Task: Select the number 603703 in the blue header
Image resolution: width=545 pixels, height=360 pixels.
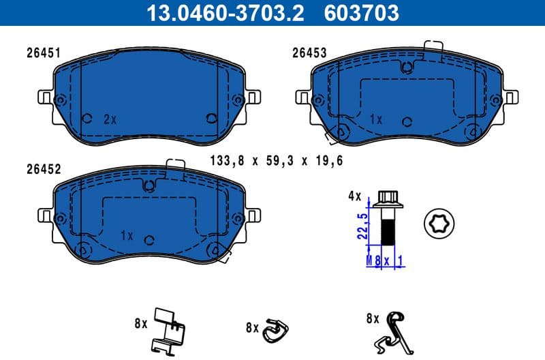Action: (362, 12)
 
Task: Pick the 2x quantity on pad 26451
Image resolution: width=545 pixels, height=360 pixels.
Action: (110, 119)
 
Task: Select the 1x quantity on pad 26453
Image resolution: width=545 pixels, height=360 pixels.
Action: (375, 119)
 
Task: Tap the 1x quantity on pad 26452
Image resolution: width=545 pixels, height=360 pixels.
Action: (125, 235)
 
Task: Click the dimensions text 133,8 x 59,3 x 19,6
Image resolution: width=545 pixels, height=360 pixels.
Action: (275, 162)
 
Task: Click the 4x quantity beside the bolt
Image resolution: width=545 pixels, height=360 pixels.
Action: (354, 196)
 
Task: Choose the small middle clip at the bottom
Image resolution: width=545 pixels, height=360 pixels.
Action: (275, 329)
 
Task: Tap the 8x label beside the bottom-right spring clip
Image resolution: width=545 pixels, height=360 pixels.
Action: (372, 318)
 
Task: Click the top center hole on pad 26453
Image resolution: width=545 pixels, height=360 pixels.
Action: (407, 67)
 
